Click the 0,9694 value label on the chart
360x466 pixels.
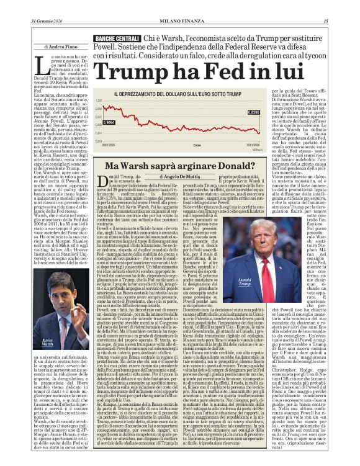pos(110,123)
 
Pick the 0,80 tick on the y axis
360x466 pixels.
pos(98,141)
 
